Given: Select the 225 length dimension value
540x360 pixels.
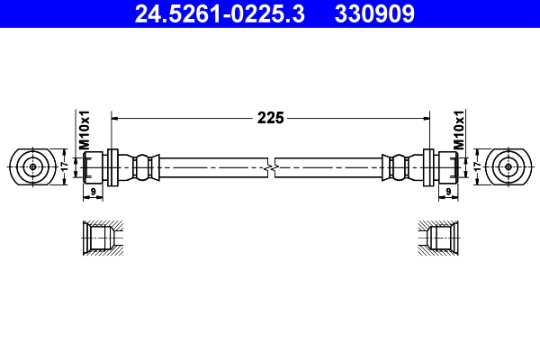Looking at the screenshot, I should pos(270,117).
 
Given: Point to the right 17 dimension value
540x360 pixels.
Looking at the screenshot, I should pos(477,166).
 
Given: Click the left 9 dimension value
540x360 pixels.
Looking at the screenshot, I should pos(94,192).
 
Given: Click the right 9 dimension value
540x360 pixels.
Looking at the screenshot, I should pos(447,192).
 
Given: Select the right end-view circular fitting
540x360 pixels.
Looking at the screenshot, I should pos(508,166).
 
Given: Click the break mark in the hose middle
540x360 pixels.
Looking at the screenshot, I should pos(270,167).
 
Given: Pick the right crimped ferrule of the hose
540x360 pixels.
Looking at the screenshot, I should pos(400,167).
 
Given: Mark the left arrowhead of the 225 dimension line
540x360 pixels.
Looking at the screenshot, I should pos(114,117).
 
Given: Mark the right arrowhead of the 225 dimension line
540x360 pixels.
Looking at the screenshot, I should pos(425,117).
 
